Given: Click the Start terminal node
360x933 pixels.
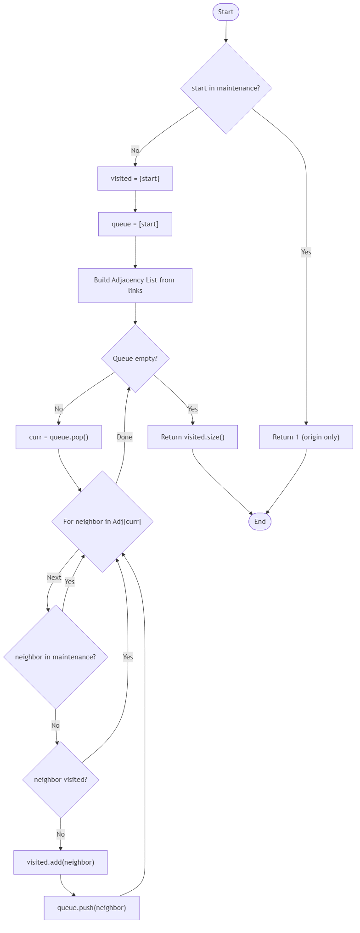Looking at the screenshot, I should coord(225,12).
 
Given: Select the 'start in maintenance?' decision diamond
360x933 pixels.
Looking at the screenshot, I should coord(226,88).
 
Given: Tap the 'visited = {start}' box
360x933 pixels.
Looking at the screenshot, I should coord(135,179).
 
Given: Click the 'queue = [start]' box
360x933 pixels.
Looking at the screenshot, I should coord(135,224).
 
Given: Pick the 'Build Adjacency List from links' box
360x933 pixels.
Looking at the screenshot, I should coord(135,285).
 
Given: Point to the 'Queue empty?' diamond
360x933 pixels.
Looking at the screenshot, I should coord(135,359).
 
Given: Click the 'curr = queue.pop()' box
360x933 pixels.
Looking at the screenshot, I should coord(59,437).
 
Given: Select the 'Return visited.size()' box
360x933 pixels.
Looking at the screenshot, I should coord(192,437).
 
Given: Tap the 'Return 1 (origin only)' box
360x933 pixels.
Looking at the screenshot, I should coord(306,437).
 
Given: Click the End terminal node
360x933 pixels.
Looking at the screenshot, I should coord(260,522).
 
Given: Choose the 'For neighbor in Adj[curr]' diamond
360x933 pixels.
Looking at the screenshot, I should coord(102,522).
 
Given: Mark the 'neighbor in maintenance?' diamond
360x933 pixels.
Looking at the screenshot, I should coord(56,657).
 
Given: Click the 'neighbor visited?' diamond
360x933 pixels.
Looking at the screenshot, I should coord(61,780).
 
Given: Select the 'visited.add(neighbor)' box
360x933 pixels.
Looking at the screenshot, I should coord(61,862).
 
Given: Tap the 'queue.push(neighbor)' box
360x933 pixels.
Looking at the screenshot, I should coord(91,908).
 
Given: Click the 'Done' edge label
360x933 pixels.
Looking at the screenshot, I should coord(124,437).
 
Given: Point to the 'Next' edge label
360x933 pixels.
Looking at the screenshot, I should coord(54,578).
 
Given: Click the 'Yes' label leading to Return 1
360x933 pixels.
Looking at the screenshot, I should coord(306,252).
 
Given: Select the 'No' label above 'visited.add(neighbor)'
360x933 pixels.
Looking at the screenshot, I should coord(61,834).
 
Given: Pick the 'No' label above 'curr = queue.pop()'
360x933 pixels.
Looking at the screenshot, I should coord(59,409).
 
